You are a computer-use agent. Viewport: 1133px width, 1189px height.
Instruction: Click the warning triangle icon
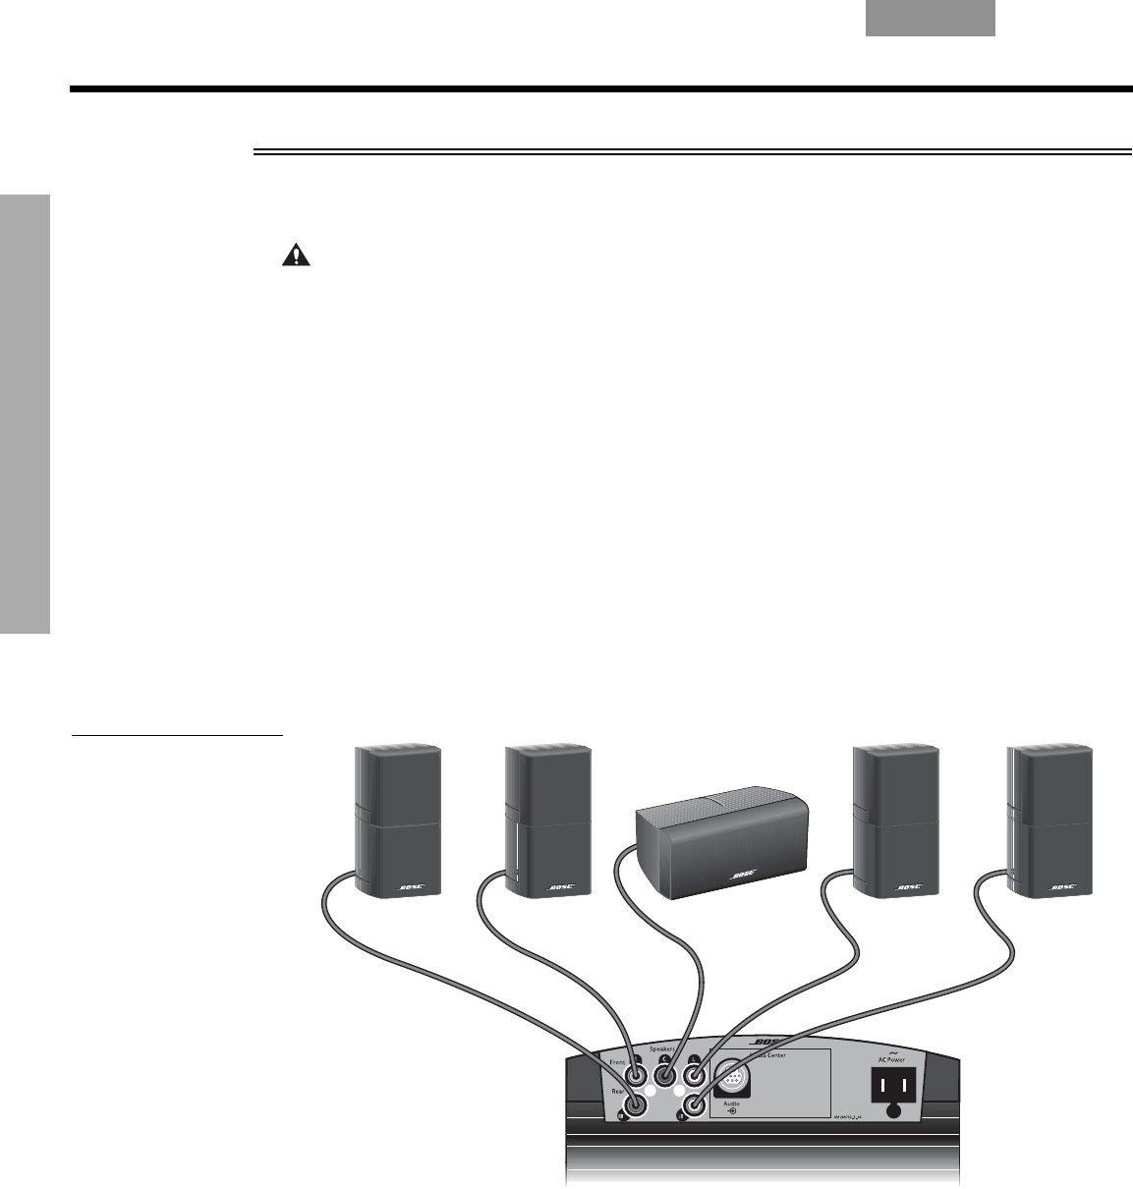point(294,255)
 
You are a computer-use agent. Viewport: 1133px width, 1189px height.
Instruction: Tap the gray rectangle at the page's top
point(930,19)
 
